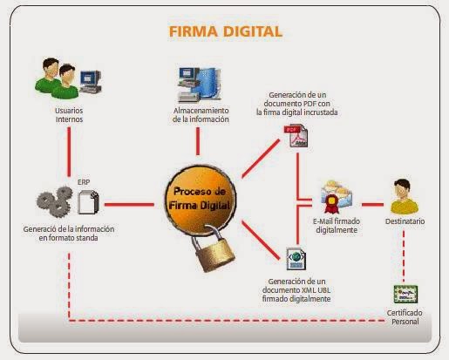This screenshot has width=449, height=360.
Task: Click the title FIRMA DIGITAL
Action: point(225,32)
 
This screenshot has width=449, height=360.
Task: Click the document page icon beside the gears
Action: point(86,201)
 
